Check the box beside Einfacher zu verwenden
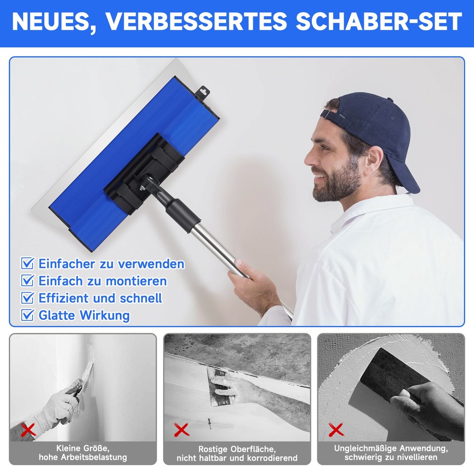[28, 264]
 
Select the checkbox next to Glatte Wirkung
[28, 315]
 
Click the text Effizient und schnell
[100, 298]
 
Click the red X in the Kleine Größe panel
[29, 430]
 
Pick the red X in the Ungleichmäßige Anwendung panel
[336, 430]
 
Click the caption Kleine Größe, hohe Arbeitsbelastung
[83, 453]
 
